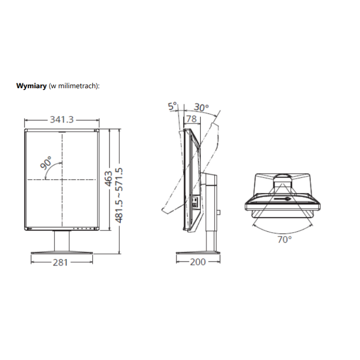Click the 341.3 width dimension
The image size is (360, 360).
(62, 120)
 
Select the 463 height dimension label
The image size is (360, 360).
(108, 179)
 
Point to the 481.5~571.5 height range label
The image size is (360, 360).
(119, 195)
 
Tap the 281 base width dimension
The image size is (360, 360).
(60, 262)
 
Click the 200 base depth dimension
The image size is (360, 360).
(198, 262)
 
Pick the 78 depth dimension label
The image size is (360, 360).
(192, 119)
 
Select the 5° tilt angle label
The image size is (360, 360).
(172, 106)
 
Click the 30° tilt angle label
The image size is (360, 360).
(201, 108)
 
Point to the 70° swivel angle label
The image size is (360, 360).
(285, 240)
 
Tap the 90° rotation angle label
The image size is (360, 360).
(46, 162)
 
